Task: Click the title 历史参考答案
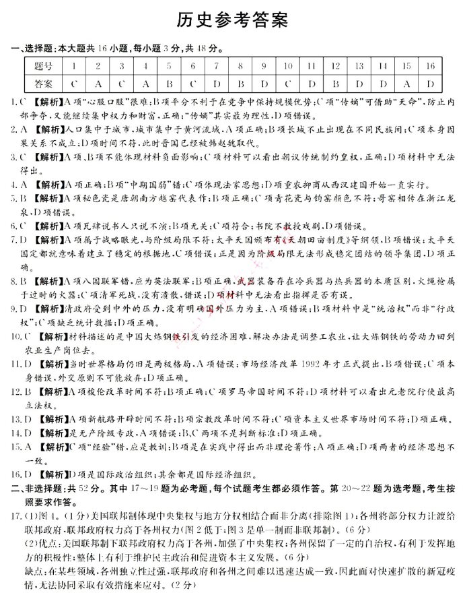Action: coord(231,22)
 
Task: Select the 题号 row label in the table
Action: coord(43,66)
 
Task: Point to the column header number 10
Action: coord(287,66)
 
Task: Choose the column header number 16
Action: coord(430,66)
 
